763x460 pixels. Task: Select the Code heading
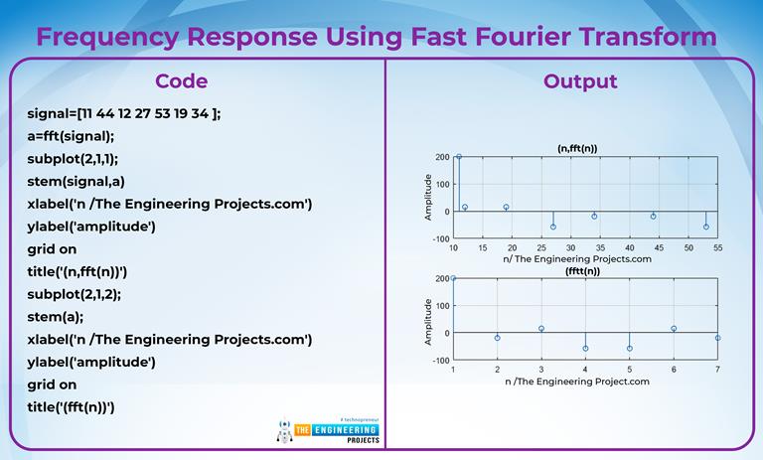[x=182, y=81]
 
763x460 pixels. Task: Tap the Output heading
[x=580, y=81]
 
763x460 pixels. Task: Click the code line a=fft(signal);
[x=71, y=136]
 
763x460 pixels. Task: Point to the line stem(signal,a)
[x=76, y=182]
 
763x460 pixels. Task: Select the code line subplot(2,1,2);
[x=74, y=294]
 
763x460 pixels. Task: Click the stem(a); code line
[x=56, y=317]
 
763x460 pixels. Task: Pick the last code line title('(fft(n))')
[x=72, y=407]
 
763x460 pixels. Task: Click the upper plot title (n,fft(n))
[x=577, y=148]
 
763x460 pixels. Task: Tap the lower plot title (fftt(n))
[x=582, y=271]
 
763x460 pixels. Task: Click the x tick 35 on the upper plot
[x=600, y=247]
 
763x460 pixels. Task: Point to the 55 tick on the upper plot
[x=717, y=247]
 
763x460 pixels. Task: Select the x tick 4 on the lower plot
[x=585, y=370]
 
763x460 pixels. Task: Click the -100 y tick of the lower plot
[x=441, y=361]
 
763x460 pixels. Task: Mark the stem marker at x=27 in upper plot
[x=553, y=227]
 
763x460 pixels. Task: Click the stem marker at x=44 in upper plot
[x=653, y=217]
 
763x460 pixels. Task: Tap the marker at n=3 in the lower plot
[x=541, y=329]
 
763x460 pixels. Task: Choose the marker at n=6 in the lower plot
[x=674, y=329]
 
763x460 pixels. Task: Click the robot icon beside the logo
[x=285, y=431]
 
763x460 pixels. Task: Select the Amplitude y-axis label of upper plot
[x=428, y=197]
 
